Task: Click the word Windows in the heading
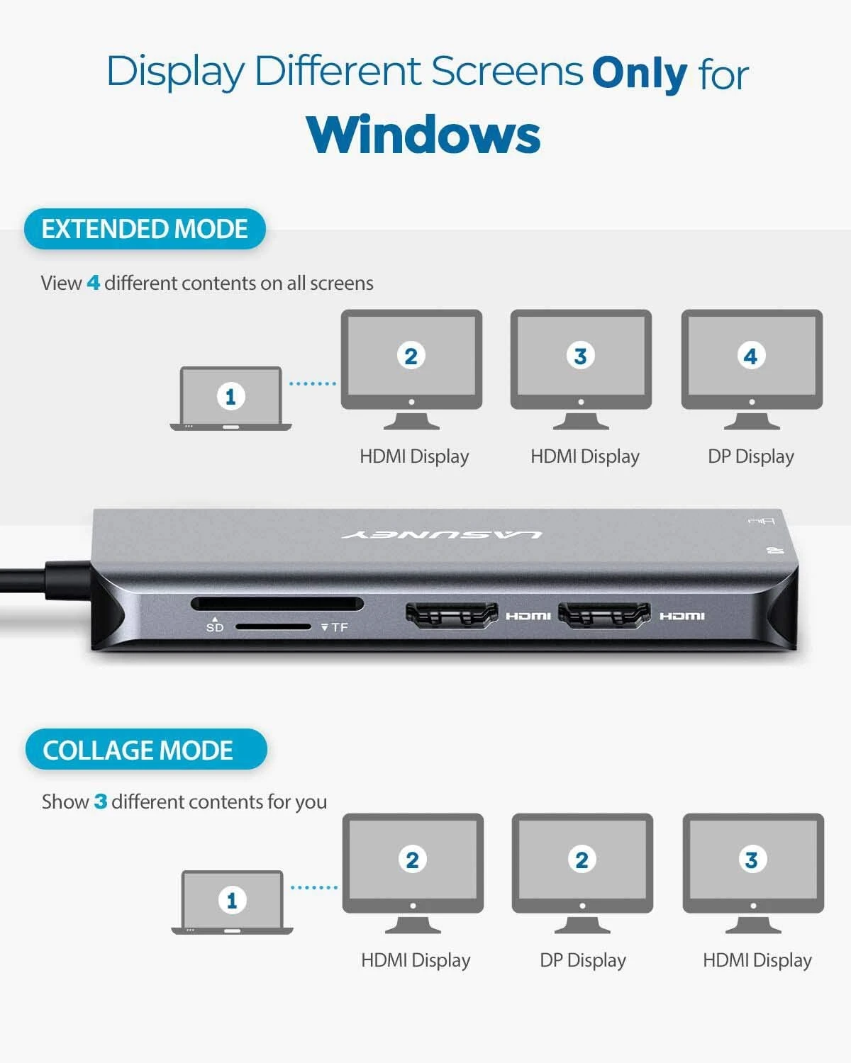pyautogui.click(x=423, y=135)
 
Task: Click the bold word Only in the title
pyautogui.click(x=639, y=73)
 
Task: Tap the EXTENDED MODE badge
pyautogui.click(x=145, y=229)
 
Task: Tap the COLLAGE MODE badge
pyautogui.click(x=145, y=750)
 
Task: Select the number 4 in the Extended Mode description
pyautogui.click(x=93, y=283)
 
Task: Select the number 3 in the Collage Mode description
pyautogui.click(x=101, y=802)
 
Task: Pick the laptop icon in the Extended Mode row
pyautogui.click(x=230, y=398)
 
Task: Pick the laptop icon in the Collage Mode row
pyautogui.click(x=232, y=901)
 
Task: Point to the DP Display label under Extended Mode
pyautogui.click(x=750, y=456)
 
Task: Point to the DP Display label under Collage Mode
pyautogui.click(x=582, y=960)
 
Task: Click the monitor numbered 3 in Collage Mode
pyautogui.click(x=752, y=872)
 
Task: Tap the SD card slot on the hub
pyautogui.click(x=277, y=604)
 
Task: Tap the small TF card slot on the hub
pyautogui.click(x=273, y=626)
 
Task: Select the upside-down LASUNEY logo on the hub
pyautogui.click(x=443, y=534)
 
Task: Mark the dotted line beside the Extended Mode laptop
pyautogui.click(x=312, y=383)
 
